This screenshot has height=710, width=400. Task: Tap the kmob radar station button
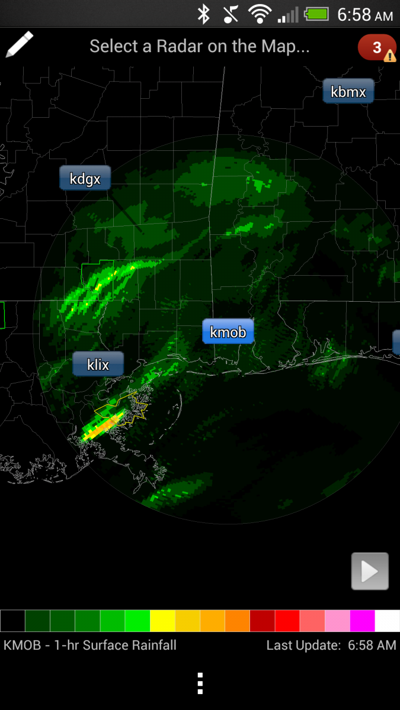coord(228,332)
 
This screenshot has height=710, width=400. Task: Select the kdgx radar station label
coord(85,178)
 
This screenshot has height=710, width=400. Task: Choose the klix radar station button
coord(98,364)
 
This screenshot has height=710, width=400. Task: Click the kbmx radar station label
coord(348,92)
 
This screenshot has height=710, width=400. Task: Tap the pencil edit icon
coord(19,45)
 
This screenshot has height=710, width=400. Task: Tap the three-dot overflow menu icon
coord(200,683)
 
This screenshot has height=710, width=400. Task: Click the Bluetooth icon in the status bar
coord(204,14)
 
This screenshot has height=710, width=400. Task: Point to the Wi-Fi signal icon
coord(260,14)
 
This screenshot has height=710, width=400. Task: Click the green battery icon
coord(316,14)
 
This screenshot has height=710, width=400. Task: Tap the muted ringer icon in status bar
coord(231,14)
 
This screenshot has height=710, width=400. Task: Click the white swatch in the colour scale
coord(388,621)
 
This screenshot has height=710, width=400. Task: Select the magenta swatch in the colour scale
coord(362,621)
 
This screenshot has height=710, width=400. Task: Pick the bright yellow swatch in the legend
coord(162,621)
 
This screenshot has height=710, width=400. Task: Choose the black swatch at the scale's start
coord(12,621)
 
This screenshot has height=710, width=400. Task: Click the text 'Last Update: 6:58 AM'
coord(331,645)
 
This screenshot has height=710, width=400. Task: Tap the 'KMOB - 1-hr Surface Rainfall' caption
coord(90,645)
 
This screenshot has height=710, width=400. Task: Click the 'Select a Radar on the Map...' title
coord(200,46)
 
